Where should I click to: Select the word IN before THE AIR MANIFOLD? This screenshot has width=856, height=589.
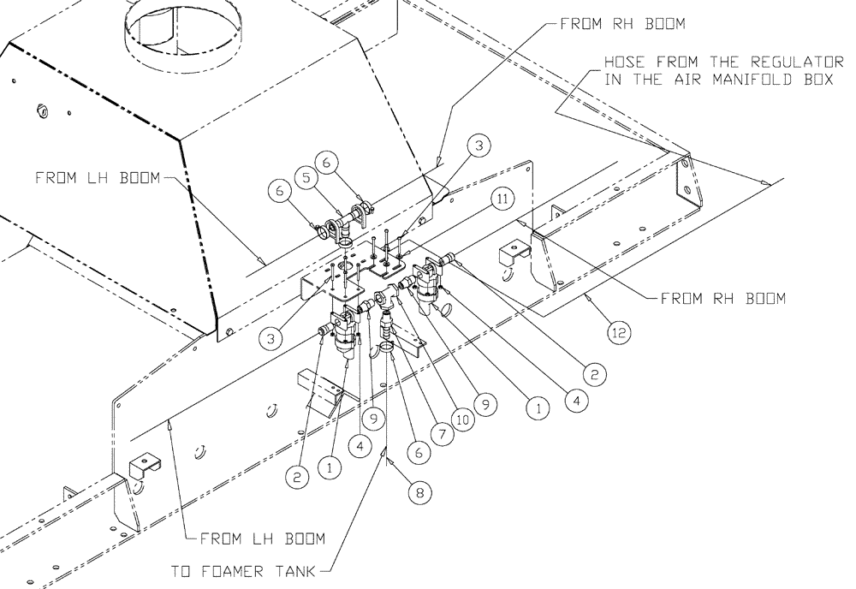pyautogui.click(x=613, y=80)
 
